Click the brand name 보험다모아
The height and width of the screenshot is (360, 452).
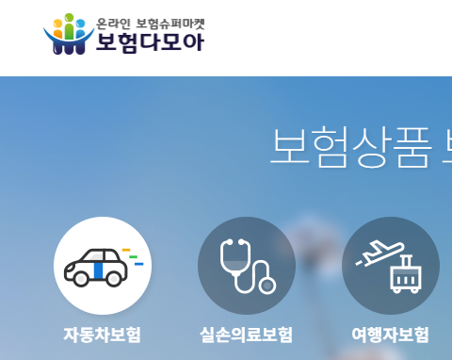click(149, 41)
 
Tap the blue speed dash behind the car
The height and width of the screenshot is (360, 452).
click(138, 264)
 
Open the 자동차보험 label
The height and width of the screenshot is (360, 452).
click(102, 335)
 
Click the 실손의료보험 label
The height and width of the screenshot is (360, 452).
click(247, 335)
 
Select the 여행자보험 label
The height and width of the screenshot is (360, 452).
click(390, 335)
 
